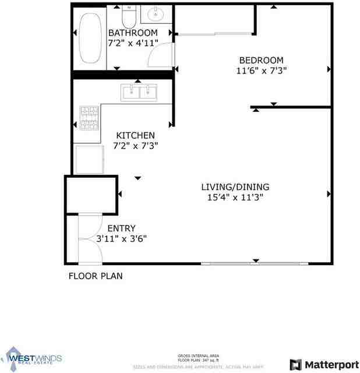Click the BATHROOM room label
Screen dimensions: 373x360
click(x=133, y=33)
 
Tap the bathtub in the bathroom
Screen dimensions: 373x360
click(x=90, y=39)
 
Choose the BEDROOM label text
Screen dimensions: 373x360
click(x=262, y=60)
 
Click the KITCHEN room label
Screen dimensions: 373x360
click(x=135, y=135)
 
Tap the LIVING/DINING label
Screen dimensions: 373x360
click(x=235, y=187)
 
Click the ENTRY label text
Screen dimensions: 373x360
click(x=121, y=228)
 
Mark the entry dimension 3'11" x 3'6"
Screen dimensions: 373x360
click(x=121, y=238)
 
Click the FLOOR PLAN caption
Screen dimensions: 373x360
click(x=96, y=276)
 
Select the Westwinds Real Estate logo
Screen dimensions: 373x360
click(x=34, y=357)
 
